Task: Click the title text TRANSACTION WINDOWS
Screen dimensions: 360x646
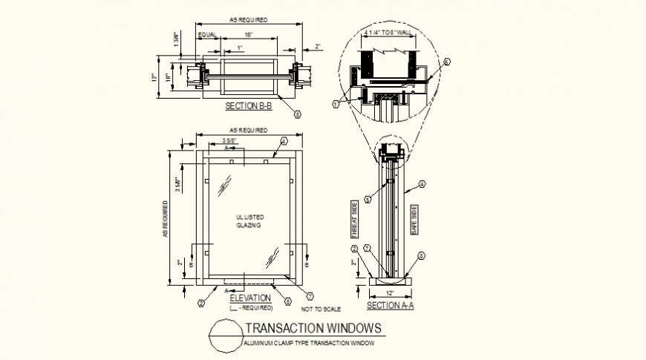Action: coord(313,327)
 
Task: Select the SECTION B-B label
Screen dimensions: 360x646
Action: coord(249,107)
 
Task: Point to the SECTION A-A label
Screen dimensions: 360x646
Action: coord(391,305)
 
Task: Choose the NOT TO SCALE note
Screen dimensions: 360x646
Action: coord(321,308)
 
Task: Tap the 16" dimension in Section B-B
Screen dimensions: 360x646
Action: coord(249,35)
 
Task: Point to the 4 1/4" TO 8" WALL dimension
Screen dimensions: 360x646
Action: coord(387,33)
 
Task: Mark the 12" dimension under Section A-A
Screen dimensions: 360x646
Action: coord(389,293)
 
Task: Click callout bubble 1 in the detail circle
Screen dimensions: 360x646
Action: coord(335,105)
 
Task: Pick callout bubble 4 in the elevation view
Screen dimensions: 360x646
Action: coord(283,141)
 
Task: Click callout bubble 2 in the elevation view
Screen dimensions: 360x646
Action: coord(200,303)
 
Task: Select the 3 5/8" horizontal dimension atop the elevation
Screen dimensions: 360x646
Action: coord(229,140)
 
